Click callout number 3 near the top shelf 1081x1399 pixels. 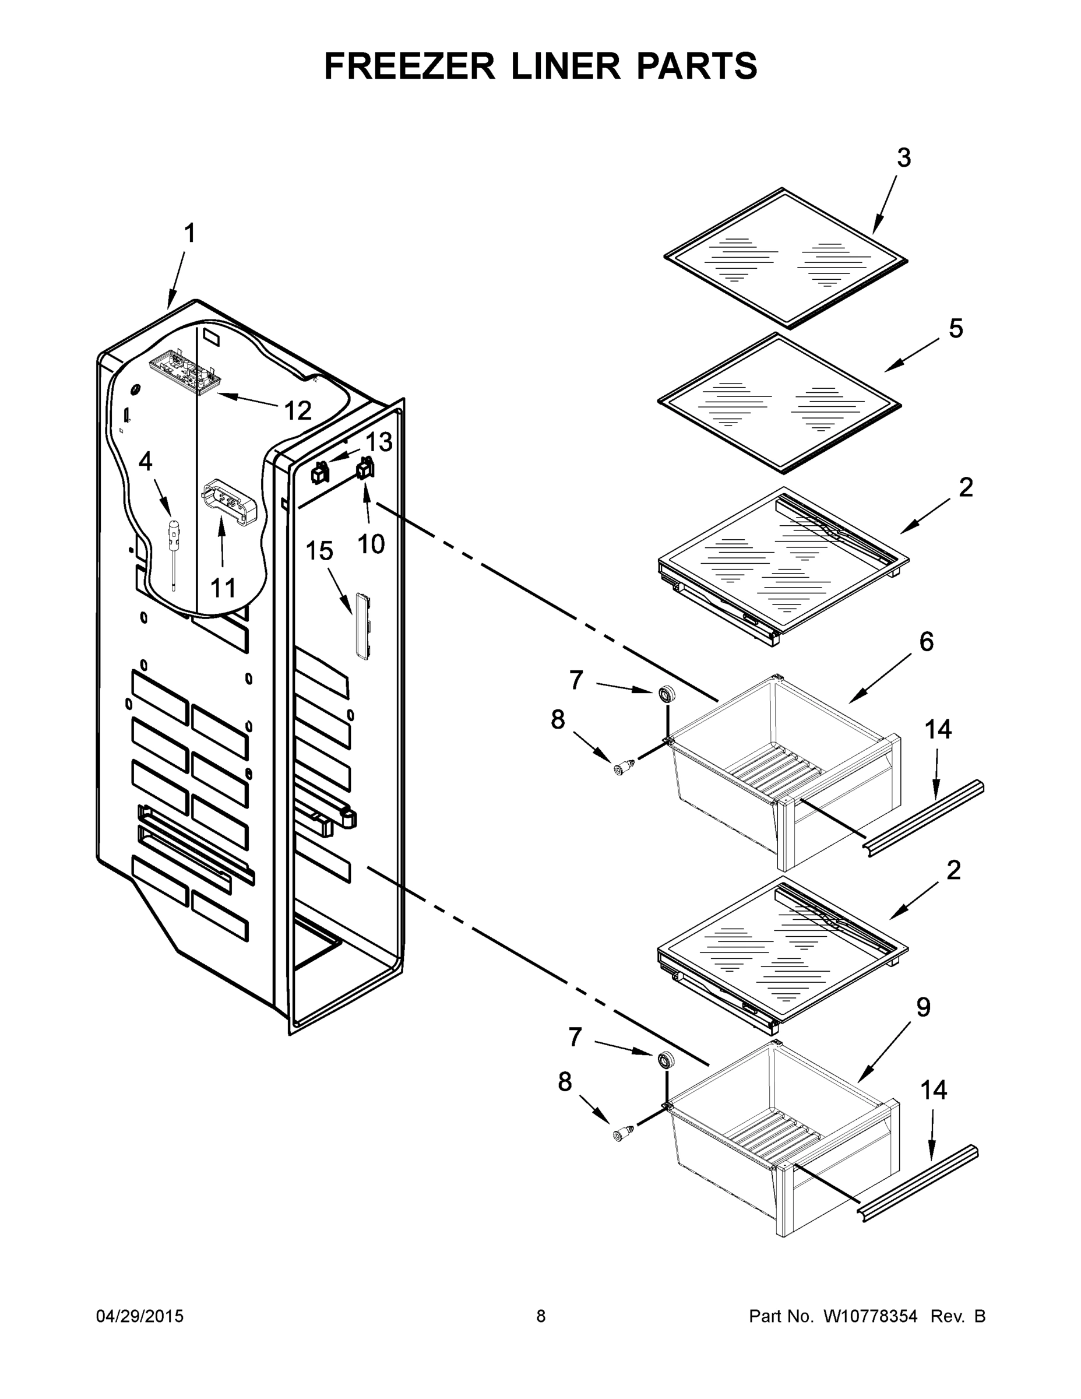(x=903, y=157)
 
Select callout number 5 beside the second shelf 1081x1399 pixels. (x=956, y=329)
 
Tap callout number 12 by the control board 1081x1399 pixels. (x=297, y=410)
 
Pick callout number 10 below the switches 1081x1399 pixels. (x=371, y=544)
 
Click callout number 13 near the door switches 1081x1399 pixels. (x=378, y=441)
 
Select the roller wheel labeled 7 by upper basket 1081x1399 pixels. (x=667, y=694)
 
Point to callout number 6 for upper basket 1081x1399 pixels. (x=926, y=641)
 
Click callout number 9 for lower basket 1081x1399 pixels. (x=923, y=1008)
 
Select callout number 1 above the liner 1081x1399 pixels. (x=189, y=234)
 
